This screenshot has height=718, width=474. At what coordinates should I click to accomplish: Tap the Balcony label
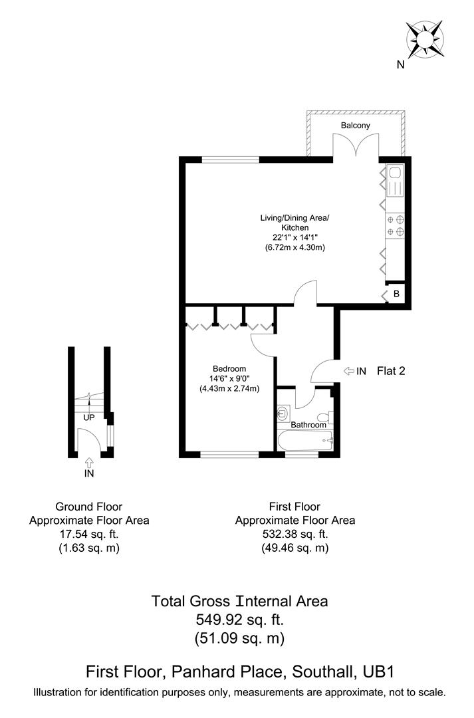(355, 125)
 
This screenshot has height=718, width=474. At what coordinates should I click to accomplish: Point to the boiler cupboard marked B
(396, 294)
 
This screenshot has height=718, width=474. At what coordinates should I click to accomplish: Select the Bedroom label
(229, 369)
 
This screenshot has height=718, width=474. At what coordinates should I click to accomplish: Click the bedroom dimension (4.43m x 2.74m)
(229, 389)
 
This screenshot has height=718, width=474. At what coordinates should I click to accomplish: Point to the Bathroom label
(308, 425)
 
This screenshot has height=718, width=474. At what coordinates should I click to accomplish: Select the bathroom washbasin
(282, 413)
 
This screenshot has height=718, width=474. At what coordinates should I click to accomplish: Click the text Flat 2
(391, 371)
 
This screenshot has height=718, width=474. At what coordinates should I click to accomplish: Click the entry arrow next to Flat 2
(350, 371)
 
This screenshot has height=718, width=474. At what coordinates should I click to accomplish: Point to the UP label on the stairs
(88, 418)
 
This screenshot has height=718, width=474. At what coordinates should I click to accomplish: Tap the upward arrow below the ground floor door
(89, 461)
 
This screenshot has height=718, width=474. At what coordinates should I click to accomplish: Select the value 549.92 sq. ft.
(239, 620)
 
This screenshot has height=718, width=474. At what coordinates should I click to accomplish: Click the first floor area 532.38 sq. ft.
(295, 535)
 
